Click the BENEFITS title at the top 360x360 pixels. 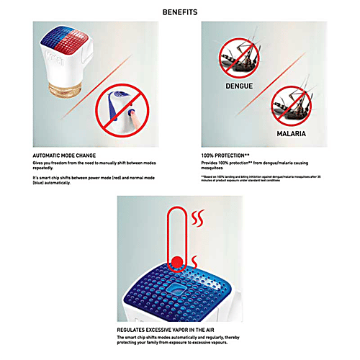tap(180, 12)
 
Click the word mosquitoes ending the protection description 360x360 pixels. tap(212, 168)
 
